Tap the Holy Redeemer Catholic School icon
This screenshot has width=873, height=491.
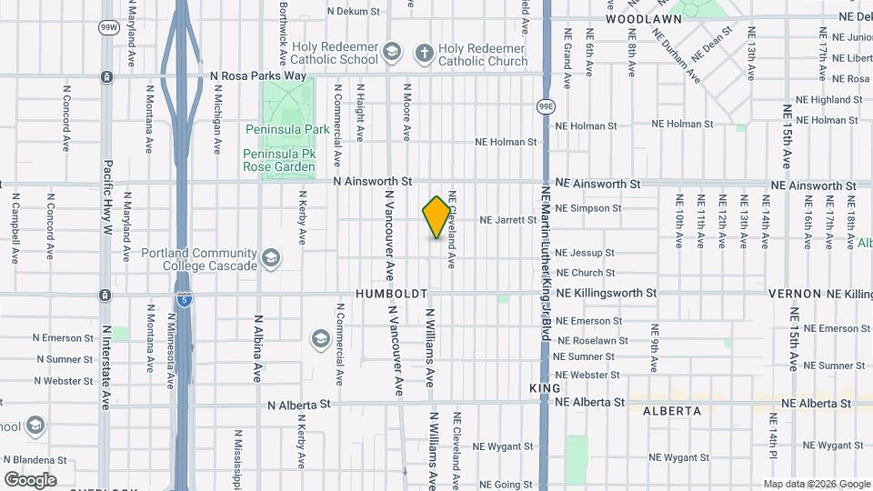tap(392, 51)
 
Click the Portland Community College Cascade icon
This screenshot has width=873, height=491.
tap(270, 258)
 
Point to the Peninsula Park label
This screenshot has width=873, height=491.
tap(286, 130)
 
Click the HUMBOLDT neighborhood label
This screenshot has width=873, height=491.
tap(391, 295)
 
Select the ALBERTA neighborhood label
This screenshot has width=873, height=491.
tap(672, 411)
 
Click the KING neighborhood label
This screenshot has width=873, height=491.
tap(538, 388)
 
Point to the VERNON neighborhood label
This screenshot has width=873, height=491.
tap(795, 294)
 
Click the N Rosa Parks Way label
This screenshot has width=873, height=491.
tap(257, 76)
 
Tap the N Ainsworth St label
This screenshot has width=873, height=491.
tap(373, 182)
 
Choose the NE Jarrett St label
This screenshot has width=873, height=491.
tap(507, 220)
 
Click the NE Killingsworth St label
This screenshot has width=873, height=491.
tap(606, 294)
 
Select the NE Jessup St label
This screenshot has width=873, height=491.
tap(585, 253)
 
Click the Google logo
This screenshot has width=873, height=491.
tap(30, 480)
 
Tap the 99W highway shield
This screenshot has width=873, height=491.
tap(108, 27)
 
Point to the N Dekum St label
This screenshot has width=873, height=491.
tap(356, 12)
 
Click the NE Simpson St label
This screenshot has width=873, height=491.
tap(588, 208)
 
